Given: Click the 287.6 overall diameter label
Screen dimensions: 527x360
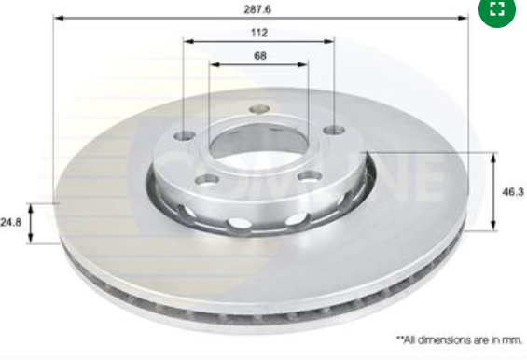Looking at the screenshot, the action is click(257, 9).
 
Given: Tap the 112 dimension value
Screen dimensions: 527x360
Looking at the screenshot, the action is click(259, 33).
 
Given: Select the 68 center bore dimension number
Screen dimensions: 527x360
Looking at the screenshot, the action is click(260, 55).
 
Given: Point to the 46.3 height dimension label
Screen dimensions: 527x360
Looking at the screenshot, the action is click(513, 191).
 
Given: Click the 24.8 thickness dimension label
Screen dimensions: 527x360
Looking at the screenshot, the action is click(11, 222).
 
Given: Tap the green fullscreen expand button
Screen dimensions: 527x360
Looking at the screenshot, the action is click(497, 9).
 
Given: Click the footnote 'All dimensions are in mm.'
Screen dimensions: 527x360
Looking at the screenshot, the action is click(460, 339).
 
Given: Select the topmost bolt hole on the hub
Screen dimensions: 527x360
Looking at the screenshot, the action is click(259, 109).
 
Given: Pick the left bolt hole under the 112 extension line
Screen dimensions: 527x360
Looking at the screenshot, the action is click(185, 136).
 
